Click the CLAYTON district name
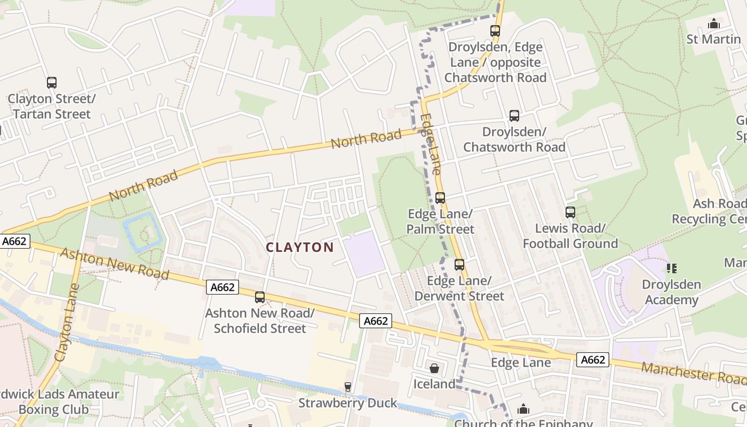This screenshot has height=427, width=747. [x=299, y=247]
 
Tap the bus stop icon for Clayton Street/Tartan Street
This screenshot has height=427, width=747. [x=52, y=83]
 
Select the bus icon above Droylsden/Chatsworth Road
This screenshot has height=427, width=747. [x=514, y=116]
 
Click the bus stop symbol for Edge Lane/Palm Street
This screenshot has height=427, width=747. [x=440, y=198]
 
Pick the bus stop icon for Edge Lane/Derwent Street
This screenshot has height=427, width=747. [x=459, y=265]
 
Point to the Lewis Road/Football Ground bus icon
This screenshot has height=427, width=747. [x=570, y=212]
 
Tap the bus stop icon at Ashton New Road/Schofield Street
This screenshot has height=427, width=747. [x=260, y=297]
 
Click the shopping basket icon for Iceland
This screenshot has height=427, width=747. [x=434, y=368]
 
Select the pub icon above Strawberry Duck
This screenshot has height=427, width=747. [x=348, y=387]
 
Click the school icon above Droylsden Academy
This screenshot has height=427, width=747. [x=671, y=268]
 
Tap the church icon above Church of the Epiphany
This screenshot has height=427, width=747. [x=523, y=409]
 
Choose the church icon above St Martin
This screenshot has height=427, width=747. [x=713, y=23]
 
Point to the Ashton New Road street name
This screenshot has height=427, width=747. [x=114, y=264]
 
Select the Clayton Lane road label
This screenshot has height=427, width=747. [x=67, y=322]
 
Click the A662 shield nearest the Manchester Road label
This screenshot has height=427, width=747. [x=593, y=360]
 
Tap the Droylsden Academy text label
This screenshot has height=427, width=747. [x=671, y=292]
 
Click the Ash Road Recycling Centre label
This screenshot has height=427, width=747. [x=710, y=211]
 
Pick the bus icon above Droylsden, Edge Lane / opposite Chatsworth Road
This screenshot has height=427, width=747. [x=495, y=31]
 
